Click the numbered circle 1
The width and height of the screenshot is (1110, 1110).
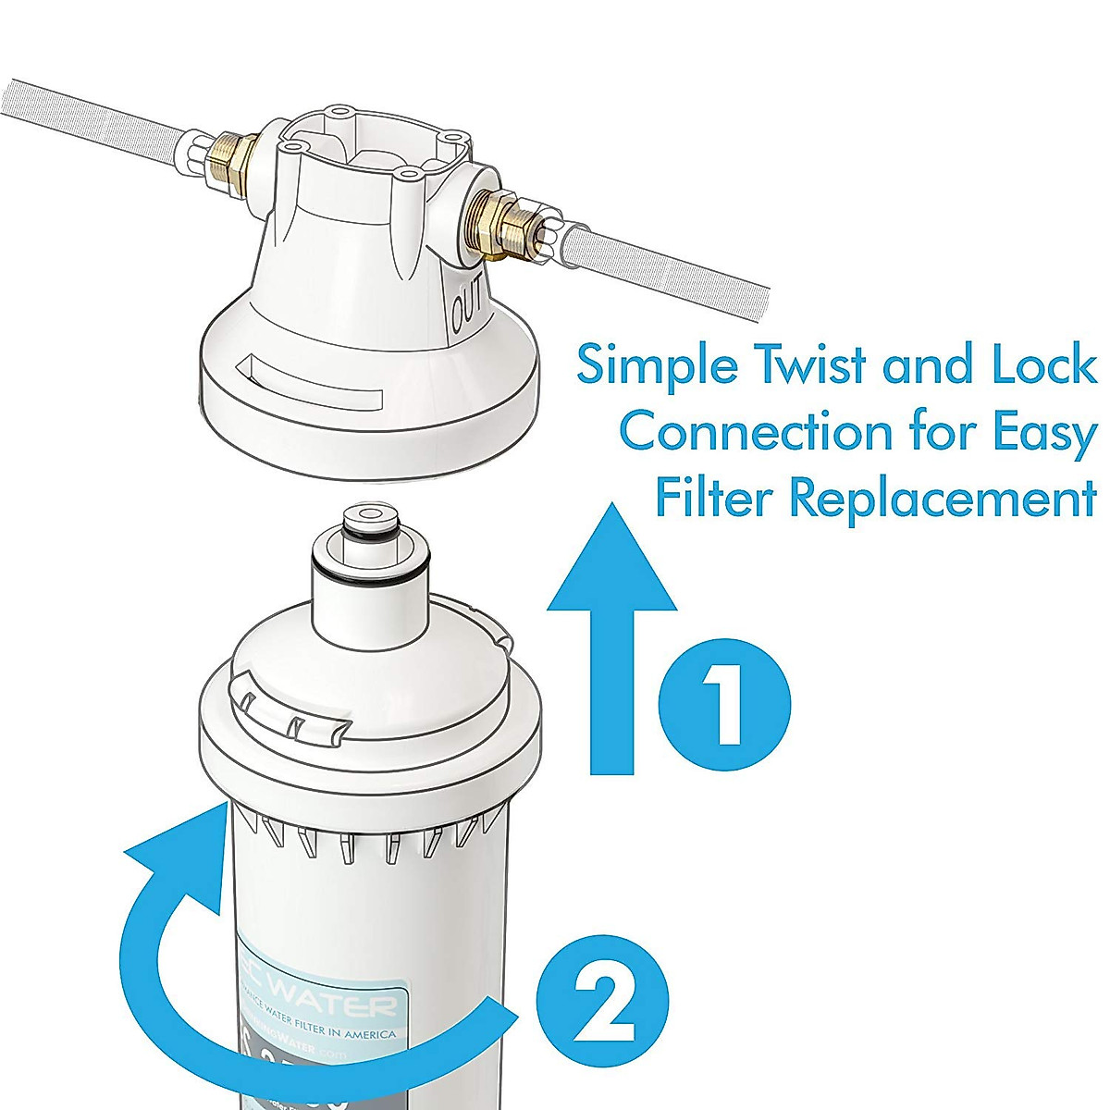pyautogui.click(x=724, y=704)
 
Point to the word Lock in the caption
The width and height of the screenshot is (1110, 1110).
pyautogui.click(x=1044, y=364)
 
